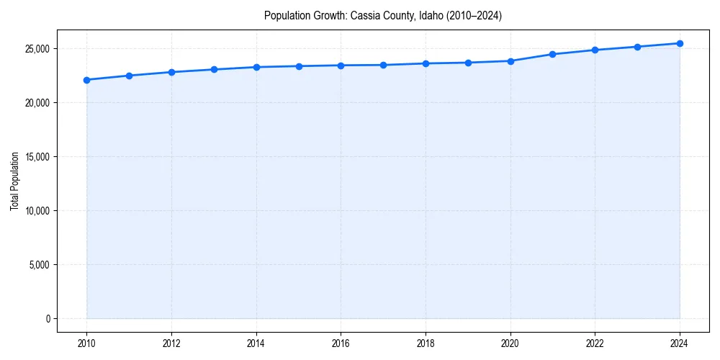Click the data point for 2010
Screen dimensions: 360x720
86,80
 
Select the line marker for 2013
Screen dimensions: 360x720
214,70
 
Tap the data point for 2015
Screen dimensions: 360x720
299,66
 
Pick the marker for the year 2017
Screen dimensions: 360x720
383,65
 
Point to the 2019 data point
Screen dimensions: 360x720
468,63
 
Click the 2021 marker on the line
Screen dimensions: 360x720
552,54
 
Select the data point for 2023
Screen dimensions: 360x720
637,47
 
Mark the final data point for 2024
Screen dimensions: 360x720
680,43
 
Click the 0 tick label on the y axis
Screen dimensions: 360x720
48,319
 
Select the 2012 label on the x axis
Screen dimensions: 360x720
171,343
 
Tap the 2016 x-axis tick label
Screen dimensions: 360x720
341,343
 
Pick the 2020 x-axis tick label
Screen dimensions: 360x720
510,343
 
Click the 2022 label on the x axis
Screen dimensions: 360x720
595,343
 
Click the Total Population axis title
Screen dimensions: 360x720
14,181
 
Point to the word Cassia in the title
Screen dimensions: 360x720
364,15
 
